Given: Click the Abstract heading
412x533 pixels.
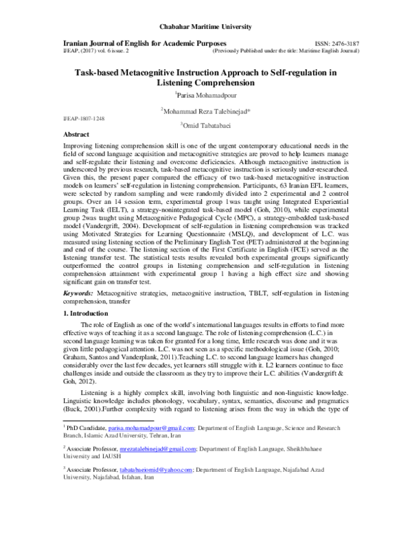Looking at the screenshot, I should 76,136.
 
